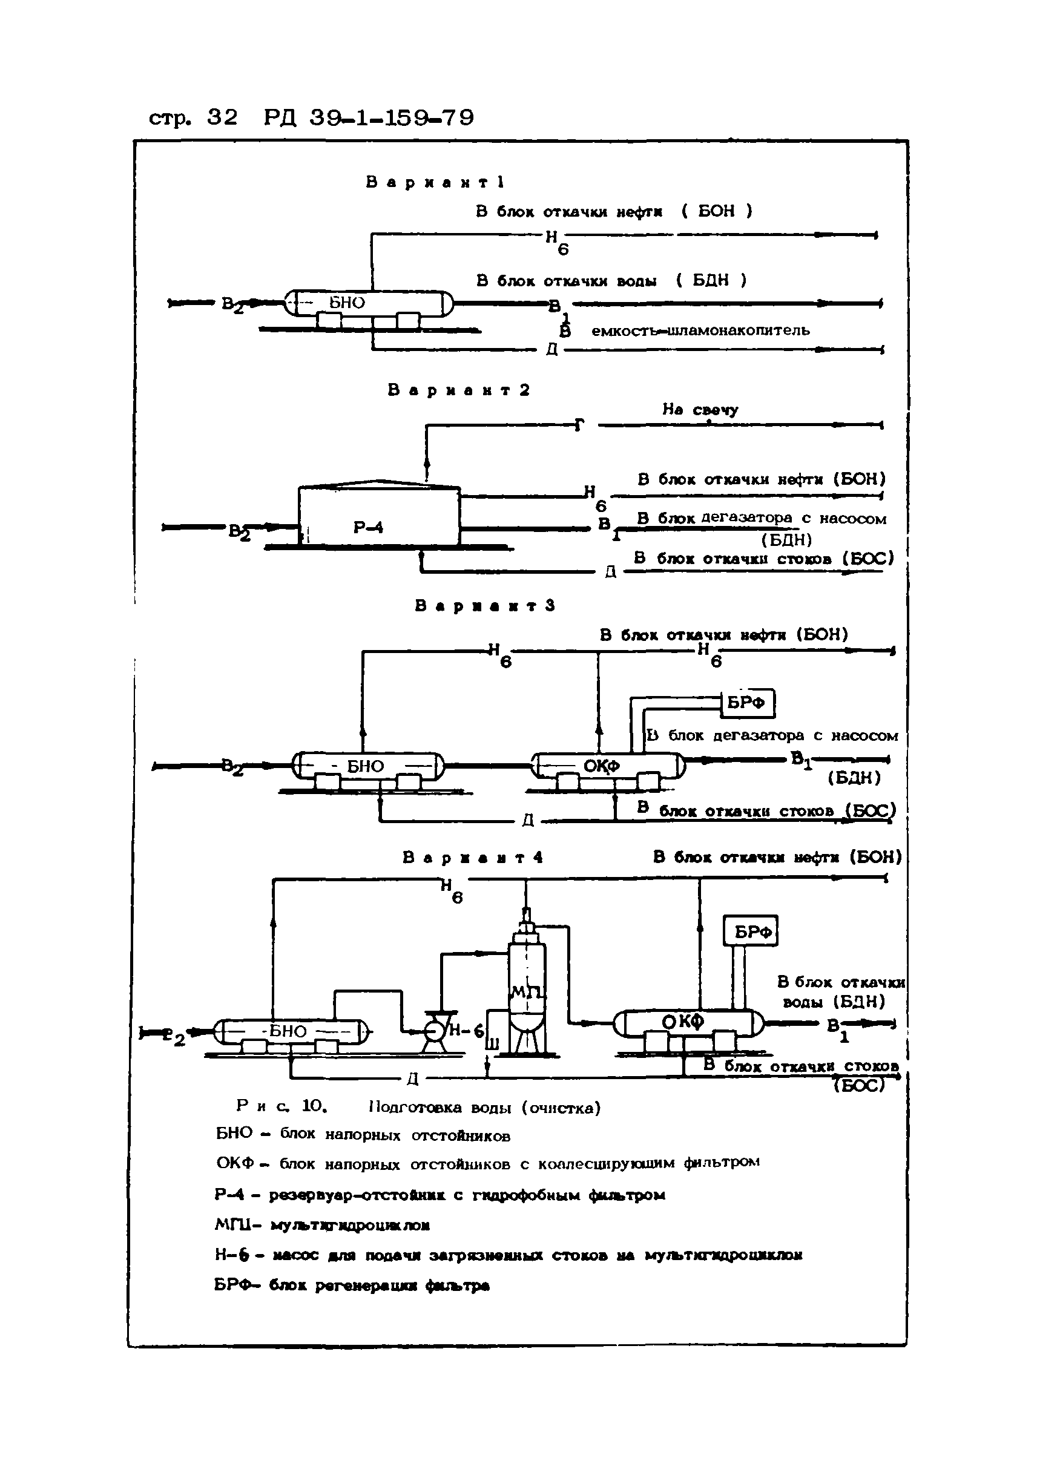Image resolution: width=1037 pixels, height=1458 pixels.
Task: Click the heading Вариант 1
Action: [x=435, y=183]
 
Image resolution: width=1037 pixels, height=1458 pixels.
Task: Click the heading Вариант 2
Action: [x=458, y=390]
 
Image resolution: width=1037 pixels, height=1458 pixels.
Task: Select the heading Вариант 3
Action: [x=485, y=606]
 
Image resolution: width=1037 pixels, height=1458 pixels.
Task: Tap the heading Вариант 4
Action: [x=473, y=858]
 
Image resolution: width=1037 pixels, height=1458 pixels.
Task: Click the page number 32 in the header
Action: [x=222, y=117]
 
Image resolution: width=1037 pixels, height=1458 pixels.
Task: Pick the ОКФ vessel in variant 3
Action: [x=607, y=766]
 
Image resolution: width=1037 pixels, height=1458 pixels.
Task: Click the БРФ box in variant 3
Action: [x=747, y=703]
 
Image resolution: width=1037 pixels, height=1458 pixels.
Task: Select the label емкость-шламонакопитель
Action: [x=700, y=330]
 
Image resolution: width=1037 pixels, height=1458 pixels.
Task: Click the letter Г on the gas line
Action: [x=579, y=425]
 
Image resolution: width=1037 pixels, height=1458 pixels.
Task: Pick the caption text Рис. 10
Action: [x=281, y=1106]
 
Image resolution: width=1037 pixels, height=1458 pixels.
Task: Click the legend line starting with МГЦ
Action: [x=322, y=1224]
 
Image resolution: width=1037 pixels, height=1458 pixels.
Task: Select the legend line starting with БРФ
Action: [x=351, y=1285]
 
